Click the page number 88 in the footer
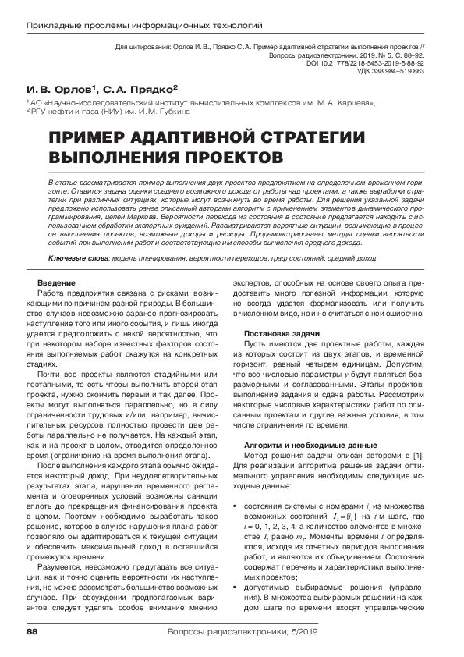click(32, 630)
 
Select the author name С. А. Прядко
click(140, 91)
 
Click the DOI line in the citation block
click(374, 63)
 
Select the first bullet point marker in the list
click(236, 486)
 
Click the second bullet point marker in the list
click(236, 566)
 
